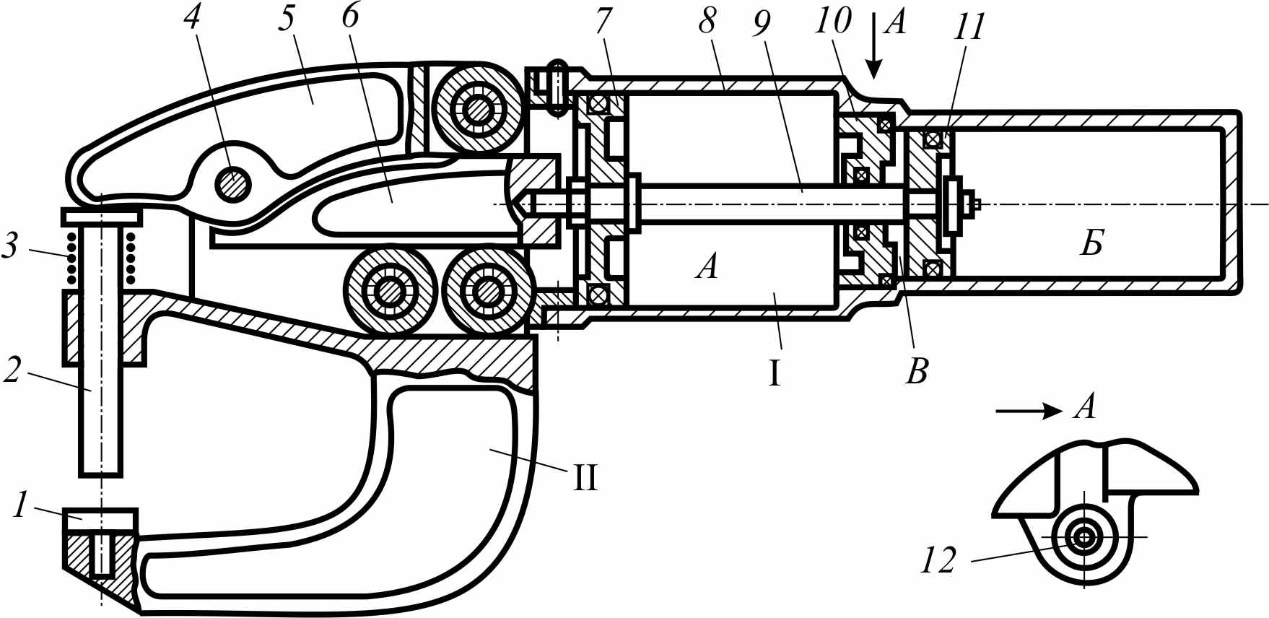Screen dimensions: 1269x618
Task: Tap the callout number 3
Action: click(10, 245)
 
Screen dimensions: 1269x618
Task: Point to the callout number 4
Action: click(191, 17)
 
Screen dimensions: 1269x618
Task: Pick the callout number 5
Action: click(287, 18)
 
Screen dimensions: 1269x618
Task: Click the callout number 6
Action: click(350, 16)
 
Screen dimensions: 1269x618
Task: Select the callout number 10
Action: click(834, 20)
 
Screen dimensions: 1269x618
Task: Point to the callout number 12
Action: click(938, 560)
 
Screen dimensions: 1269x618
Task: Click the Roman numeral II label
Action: click(585, 478)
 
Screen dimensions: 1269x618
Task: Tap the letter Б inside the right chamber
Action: click(1092, 244)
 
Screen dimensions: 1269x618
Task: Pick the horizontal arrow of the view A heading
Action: click(1029, 412)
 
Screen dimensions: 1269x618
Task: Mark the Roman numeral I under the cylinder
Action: click(775, 374)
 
